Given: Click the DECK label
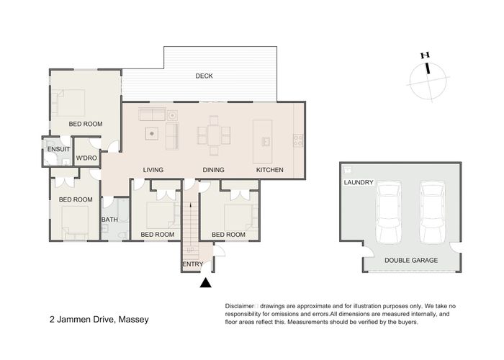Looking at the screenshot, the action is [x=204, y=76].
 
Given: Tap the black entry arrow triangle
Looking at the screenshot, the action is [x=206, y=283].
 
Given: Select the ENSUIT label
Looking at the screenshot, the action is [x=58, y=149].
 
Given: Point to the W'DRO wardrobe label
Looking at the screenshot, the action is [x=86, y=158].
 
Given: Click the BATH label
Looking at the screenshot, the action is [x=109, y=220].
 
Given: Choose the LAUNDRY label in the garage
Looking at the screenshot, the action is [x=359, y=182].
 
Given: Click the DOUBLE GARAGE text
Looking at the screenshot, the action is [x=411, y=261].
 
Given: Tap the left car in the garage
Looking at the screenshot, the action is [x=389, y=212].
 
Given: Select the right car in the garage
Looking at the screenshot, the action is [x=433, y=212].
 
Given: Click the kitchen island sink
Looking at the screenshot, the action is [x=266, y=141].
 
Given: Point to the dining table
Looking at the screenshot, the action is [x=214, y=135].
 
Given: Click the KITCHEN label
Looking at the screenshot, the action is [x=270, y=170].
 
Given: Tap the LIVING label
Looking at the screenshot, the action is [x=153, y=170].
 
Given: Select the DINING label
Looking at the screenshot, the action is [x=213, y=170].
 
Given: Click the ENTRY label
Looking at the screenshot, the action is [x=193, y=264].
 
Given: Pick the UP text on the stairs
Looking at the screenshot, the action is [x=191, y=250].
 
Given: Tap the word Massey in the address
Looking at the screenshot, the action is [x=134, y=320].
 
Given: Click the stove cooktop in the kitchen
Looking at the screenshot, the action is [x=298, y=140].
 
